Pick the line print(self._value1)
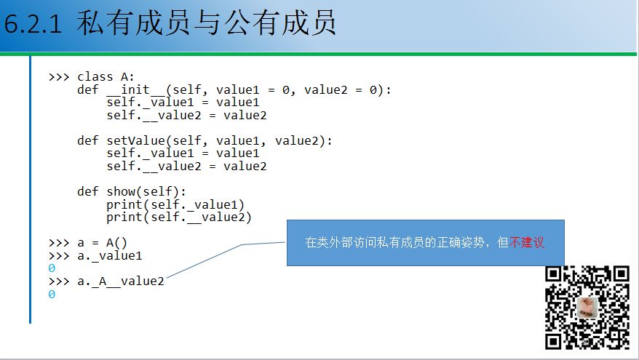(175, 204)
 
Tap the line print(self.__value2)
(178, 217)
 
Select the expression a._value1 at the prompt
(109, 255)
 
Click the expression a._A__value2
(120, 281)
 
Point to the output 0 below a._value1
(52, 268)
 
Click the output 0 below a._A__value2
(52, 295)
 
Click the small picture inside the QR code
(587, 307)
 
